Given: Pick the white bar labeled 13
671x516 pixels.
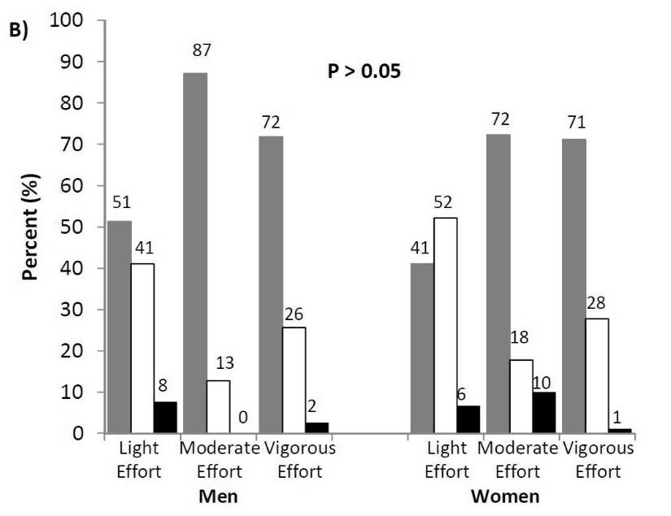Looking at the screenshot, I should coord(217,406).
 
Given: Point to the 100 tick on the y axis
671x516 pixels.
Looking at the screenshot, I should coord(66,20).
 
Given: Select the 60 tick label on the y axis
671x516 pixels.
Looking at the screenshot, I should coord(72,185).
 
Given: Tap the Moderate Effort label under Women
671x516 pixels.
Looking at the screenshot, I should coord(518,460).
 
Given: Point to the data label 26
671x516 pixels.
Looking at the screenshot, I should coord(294,312).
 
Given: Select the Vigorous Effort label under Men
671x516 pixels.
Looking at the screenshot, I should coord(296,460).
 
